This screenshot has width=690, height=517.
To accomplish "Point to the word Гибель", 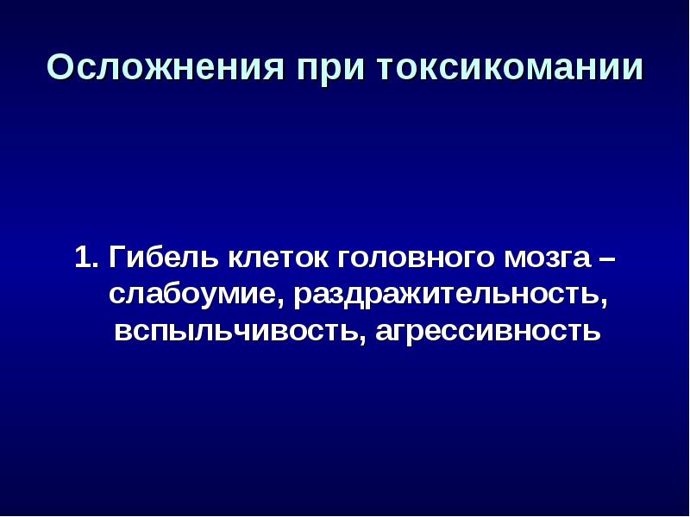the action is click(x=163, y=257).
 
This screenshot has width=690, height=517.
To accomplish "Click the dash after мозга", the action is click(x=607, y=258).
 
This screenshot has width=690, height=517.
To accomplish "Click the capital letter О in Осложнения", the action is click(x=60, y=67).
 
